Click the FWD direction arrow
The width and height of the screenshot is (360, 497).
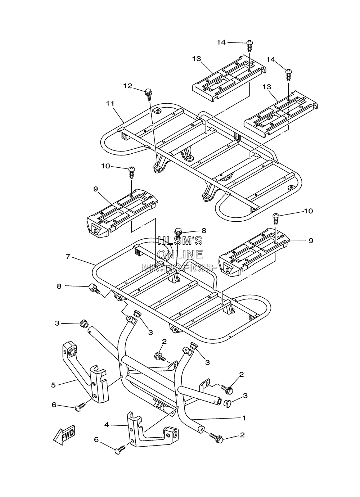(x=64, y=434)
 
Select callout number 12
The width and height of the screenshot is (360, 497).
(x=128, y=86)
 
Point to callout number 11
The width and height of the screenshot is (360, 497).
(x=110, y=103)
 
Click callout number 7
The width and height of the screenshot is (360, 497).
(x=68, y=256)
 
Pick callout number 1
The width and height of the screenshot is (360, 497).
(x=244, y=418)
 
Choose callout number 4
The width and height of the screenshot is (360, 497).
(x=107, y=425)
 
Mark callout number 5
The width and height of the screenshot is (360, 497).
(x=53, y=385)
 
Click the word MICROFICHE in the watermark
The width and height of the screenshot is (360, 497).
(x=180, y=268)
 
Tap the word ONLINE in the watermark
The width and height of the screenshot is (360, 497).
(x=180, y=254)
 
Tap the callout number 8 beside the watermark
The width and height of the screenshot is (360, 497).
(x=204, y=231)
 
